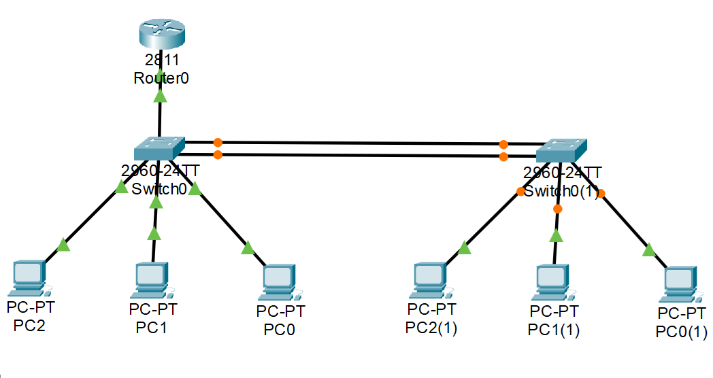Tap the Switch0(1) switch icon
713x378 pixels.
pyautogui.click(x=561, y=150)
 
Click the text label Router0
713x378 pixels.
pyautogui.click(x=161, y=78)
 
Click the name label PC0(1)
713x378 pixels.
pyautogui.click(x=681, y=332)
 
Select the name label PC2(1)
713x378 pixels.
pyautogui.click(x=431, y=328)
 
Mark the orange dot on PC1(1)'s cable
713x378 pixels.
pyautogui.click(x=558, y=209)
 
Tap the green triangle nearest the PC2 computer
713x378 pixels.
pyautogui.click(x=63, y=245)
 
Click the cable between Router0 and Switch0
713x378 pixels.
pyautogui.click(x=160, y=116)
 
